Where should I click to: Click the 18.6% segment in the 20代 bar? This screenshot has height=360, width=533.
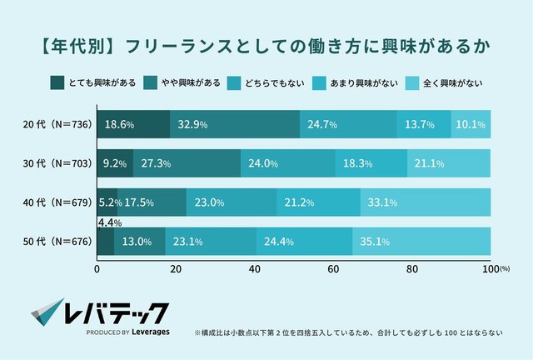pos(133,124)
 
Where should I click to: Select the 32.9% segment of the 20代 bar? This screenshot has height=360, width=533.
pos(235,124)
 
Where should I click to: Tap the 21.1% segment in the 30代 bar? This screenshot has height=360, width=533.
pos(449,163)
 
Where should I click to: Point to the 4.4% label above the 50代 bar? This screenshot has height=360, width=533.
pos(110,222)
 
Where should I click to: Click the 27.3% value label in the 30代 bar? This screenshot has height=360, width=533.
pos(157,164)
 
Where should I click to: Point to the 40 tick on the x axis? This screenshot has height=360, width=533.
pos(255,269)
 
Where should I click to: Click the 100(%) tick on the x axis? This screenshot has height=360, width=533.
pos(491,269)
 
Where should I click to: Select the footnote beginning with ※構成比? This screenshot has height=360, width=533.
pos(348,331)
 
